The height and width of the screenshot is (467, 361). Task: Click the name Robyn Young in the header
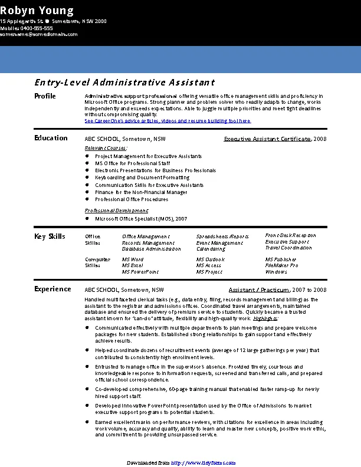37,11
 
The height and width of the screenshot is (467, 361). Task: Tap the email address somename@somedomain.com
39,34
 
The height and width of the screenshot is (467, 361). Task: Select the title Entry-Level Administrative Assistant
124,83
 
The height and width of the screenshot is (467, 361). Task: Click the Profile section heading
45,96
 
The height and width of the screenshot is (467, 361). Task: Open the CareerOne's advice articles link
168,120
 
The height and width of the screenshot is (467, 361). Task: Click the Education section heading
51,138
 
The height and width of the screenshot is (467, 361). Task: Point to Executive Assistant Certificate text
267,139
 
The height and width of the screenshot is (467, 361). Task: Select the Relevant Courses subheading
106,147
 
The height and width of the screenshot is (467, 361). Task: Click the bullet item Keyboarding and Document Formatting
142,177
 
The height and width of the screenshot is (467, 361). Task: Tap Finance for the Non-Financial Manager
141,192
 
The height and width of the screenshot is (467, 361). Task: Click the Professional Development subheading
117,211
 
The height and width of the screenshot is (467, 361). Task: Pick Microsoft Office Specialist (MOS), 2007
141,219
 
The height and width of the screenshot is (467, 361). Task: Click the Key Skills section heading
50,236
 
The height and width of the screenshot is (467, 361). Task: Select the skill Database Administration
151,249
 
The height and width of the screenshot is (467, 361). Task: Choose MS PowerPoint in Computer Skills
140,272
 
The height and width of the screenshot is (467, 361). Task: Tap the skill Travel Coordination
288,248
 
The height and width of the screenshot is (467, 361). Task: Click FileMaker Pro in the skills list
281,265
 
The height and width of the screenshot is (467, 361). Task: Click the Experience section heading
52,289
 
